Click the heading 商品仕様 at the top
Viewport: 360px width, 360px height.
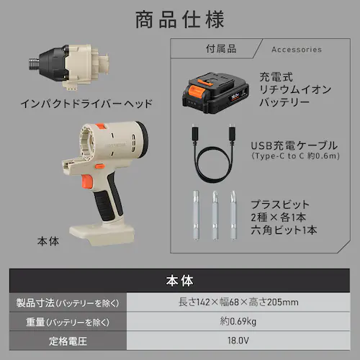[180, 19]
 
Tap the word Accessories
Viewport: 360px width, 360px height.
[297, 50]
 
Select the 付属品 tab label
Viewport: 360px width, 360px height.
[221, 49]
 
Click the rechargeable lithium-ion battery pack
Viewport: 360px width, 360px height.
[215, 92]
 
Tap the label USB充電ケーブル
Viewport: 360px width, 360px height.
[294, 145]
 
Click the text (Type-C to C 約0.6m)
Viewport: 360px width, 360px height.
[295, 156]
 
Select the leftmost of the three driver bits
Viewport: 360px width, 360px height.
[196, 215]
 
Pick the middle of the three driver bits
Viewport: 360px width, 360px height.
[215, 215]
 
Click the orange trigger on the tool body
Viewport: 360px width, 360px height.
[87, 181]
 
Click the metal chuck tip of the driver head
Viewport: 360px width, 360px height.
[34, 63]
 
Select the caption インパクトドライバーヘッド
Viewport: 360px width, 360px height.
[86, 104]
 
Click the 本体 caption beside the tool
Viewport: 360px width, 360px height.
[48, 241]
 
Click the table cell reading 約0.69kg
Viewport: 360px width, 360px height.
[238, 321]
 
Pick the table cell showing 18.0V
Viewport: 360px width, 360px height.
[238, 341]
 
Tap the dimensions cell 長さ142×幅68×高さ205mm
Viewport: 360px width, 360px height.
[238, 302]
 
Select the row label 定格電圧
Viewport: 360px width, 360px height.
[68, 341]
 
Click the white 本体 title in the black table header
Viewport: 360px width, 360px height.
[179, 281]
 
